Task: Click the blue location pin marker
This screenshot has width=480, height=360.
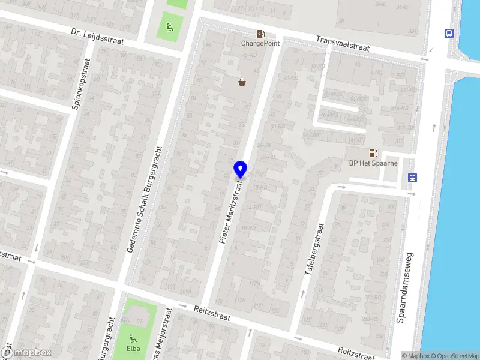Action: (240, 169)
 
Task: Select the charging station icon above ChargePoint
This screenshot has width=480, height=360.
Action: (260, 34)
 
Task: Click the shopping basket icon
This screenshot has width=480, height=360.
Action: (242, 82)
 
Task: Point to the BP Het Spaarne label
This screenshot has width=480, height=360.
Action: (373, 163)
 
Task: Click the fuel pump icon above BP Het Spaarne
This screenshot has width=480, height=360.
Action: (373, 154)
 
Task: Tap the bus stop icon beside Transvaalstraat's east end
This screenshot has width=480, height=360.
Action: (448, 34)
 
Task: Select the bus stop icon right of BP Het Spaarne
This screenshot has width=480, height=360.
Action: (412, 178)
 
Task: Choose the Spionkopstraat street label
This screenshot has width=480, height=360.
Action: (81, 83)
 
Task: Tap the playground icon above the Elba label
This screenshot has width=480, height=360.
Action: (133, 337)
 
